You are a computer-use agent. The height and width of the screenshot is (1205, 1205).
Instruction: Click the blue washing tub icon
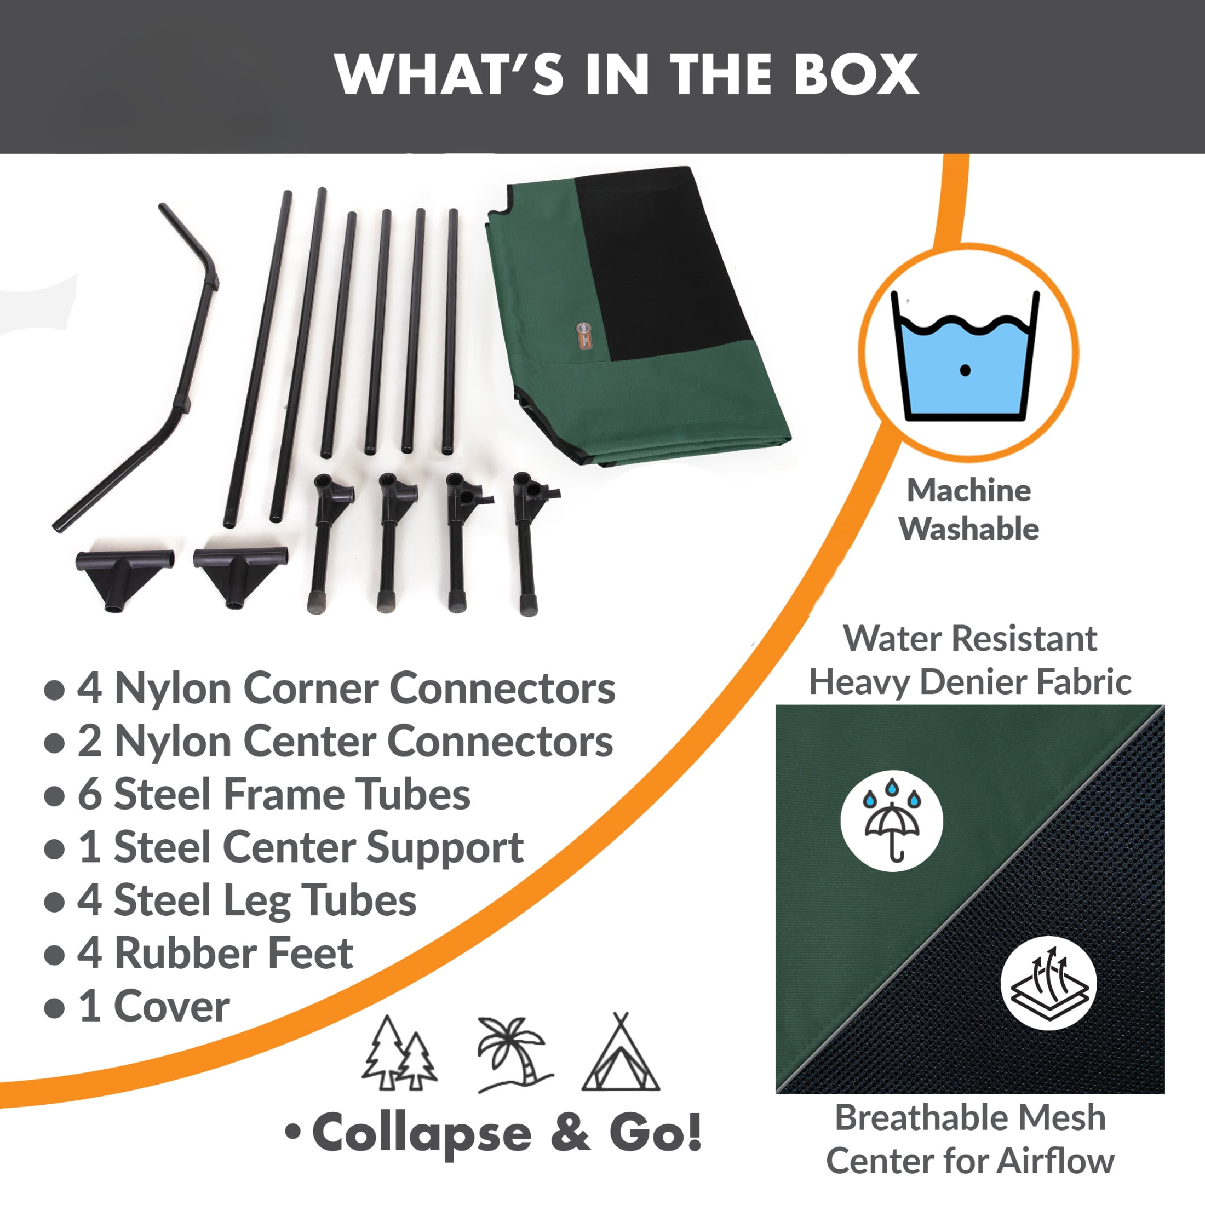point(965,356)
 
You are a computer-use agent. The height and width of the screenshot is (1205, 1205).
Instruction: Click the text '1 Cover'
point(153,1006)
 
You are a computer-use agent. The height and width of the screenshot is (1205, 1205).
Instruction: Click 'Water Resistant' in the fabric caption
point(970,638)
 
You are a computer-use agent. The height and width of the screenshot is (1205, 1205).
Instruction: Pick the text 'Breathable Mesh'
point(970,1118)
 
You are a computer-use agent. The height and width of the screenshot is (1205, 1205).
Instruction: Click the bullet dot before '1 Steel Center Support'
point(55,849)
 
